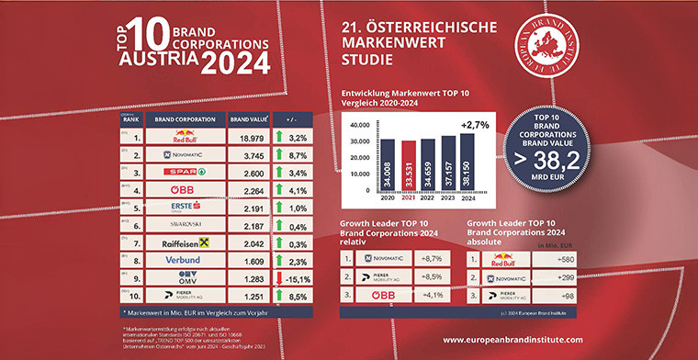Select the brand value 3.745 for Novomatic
[247, 156]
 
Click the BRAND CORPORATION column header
[179, 118]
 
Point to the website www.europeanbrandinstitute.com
[527, 340]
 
